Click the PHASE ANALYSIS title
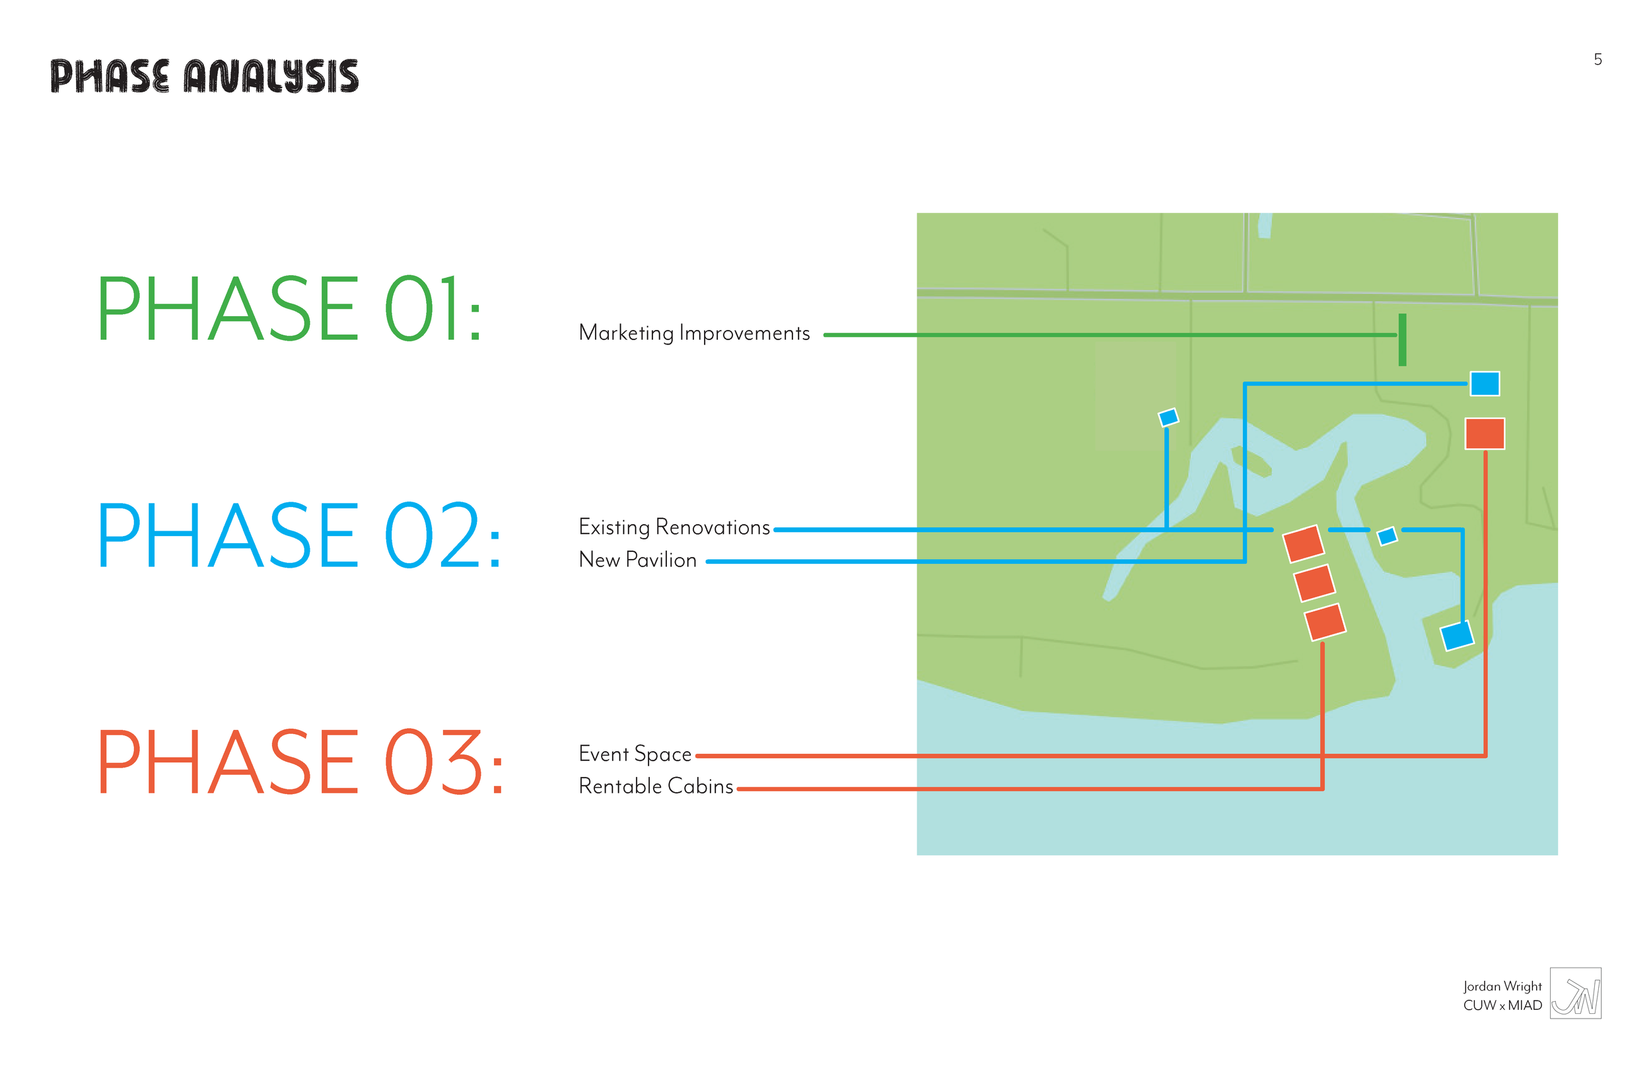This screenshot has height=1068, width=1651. click(x=205, y=77)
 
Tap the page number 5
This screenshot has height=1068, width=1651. click(x=1598, y=59)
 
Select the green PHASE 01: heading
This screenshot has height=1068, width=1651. click(x=289, y=309)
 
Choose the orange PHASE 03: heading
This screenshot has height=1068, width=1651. click(x=300, y=762)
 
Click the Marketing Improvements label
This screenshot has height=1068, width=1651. click(x=694, y=333)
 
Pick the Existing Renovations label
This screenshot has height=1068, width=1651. click(x=674, y=528)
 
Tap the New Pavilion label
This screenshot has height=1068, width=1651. click(x=637, y=560)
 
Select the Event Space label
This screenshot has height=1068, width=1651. click(x=635, y=754)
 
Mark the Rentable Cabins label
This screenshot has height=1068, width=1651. click(x=656, y=786)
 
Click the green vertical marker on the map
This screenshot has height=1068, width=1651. click(x=1403, y=340)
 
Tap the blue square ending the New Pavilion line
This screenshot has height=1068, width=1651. click(x=1485, y=384)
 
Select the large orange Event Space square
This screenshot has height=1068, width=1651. click(x=1485, y=434)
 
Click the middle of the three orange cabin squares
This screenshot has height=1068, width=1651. click(x=1315, y=583)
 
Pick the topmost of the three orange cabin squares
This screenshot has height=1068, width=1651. click(x=1304, y=544)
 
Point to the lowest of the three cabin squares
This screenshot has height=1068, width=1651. click(x=1325, y=622)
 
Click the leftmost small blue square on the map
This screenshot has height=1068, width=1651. click(x=1169, y=417)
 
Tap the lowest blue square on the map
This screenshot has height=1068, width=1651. click(x=1457, y=636)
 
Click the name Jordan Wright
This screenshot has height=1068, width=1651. click(x=1502, y=986)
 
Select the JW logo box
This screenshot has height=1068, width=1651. click(x=1576, y=994)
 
